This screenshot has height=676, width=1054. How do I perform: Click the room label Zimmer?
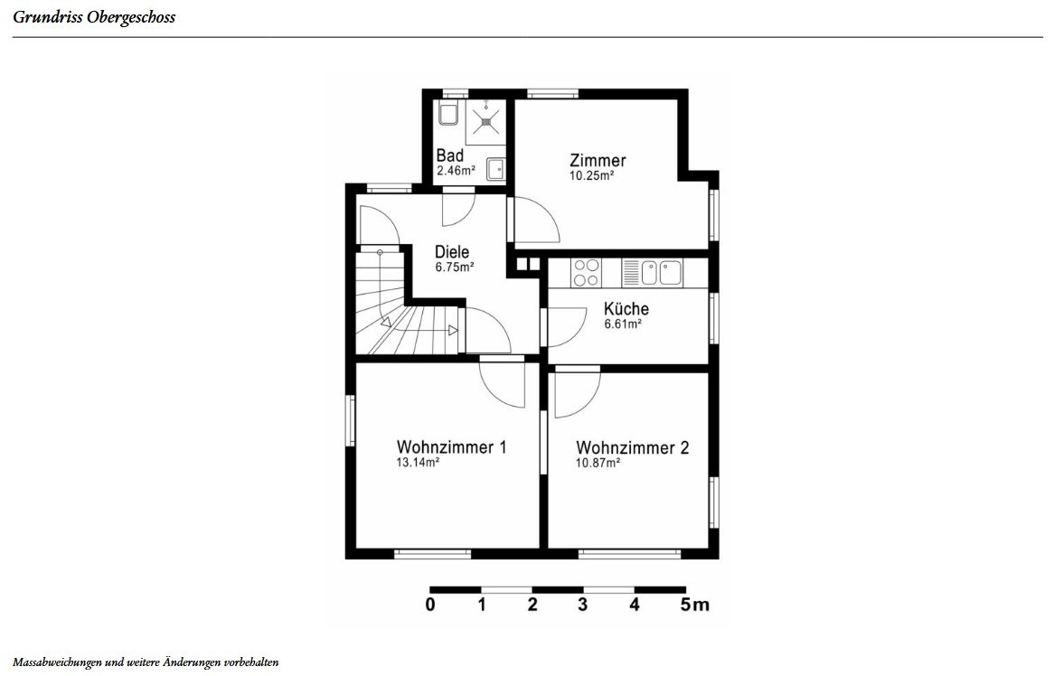tap(598, 161)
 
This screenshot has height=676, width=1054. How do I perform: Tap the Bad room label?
tap(449, 155)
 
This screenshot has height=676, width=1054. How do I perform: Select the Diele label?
tap(452, 252)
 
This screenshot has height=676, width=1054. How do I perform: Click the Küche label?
tap(626, 308)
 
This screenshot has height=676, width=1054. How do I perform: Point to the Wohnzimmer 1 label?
tap(451, 446)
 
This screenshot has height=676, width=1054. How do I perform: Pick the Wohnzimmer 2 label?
tap(632, 447)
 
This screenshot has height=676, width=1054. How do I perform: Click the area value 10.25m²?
tap(591, 175)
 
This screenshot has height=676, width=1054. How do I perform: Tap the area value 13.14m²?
tap(418, 463)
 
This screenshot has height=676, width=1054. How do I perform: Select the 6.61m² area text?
tap(623, 324)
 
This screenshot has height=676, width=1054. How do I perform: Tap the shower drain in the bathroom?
tap(485, 122)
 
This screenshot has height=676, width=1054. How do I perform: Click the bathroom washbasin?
tap(495, 168)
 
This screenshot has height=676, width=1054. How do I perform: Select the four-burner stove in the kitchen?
tap(586, 273)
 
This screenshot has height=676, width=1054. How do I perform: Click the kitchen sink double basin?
tap(662, 273)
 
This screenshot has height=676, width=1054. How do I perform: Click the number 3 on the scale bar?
tap(582, 605)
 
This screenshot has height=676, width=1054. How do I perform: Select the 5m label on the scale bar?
tap(694, 605)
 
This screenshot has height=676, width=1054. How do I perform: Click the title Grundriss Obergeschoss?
tap(94, 17)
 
